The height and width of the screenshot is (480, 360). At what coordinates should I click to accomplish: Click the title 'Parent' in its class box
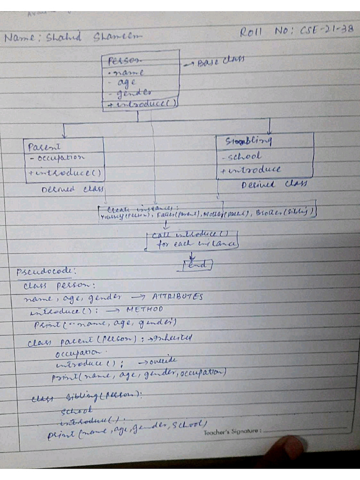tap(41, 147)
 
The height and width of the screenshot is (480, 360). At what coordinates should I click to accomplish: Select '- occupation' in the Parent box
tap(57, 158)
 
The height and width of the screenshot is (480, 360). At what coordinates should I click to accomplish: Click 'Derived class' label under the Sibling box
tap(273, 184)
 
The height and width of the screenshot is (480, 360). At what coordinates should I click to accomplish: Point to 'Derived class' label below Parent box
tap(73, 189)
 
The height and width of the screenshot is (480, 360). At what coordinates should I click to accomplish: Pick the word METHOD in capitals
tap(145, 309)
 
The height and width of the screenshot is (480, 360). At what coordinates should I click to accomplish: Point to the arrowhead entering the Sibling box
tap(269, 131)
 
